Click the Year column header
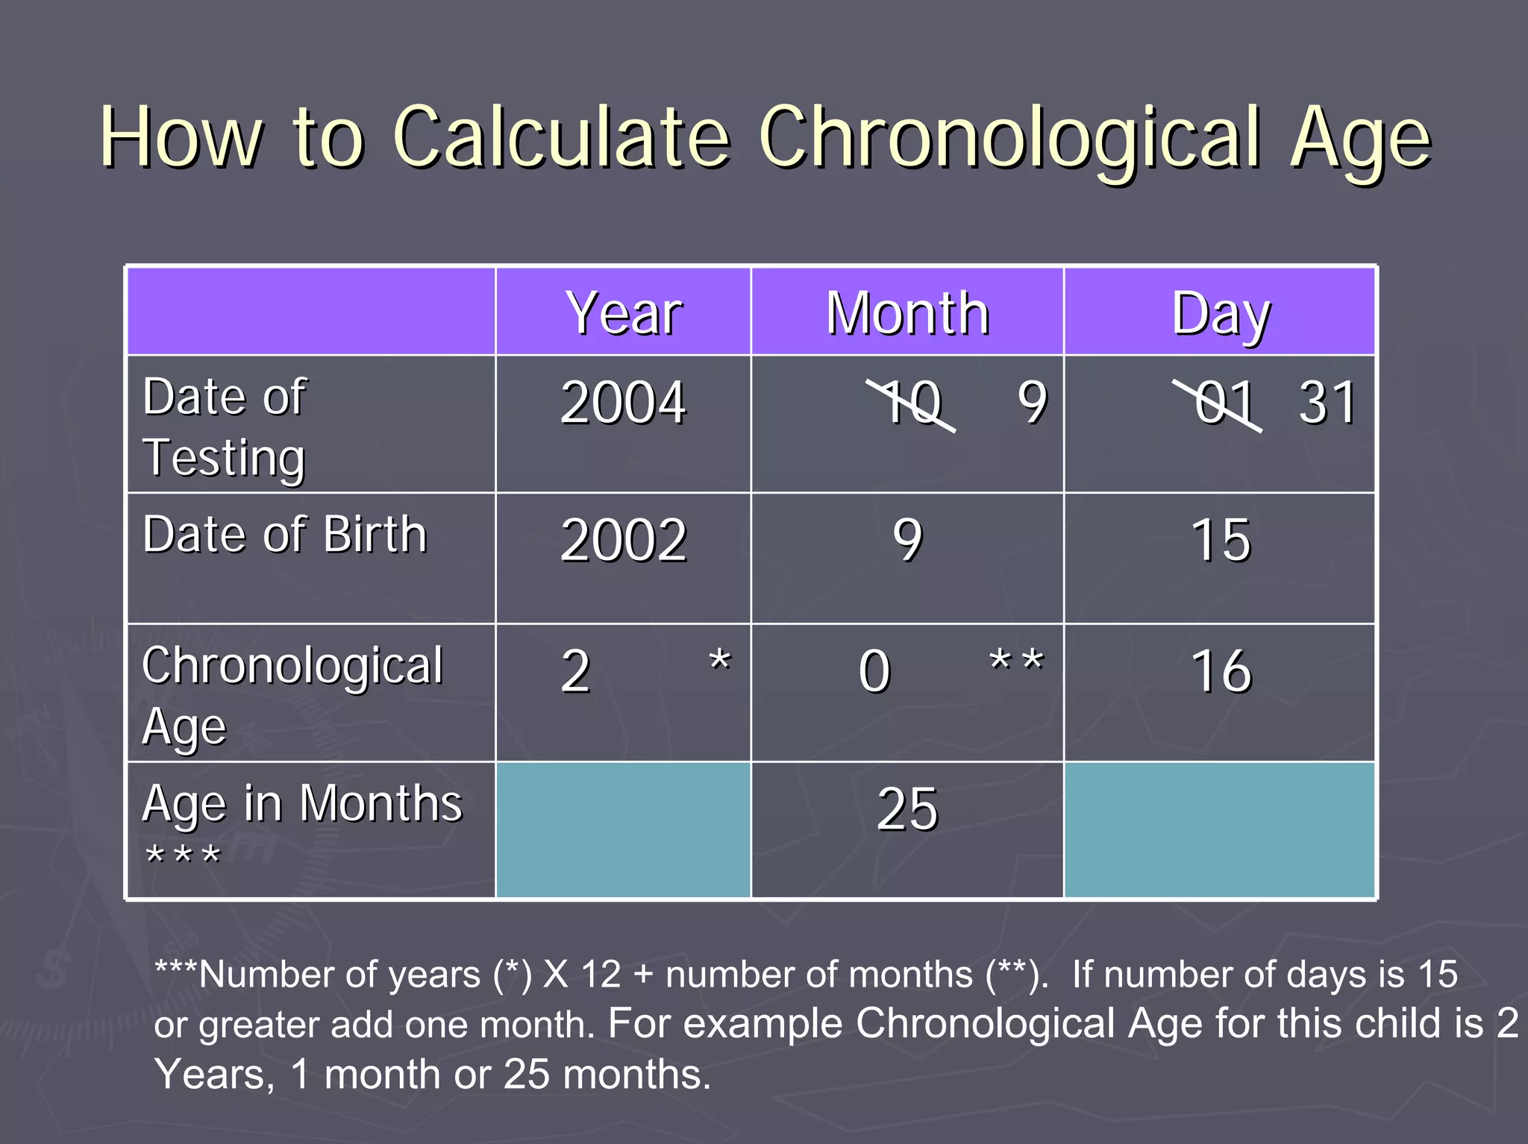coord(624,313)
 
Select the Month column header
coord(907,313)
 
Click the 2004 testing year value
coord(623,403)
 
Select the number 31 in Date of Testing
coord(1327,403)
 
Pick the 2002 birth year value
coord(623,540)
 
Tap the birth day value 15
coord(1221,540)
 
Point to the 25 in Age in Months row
coord(907,810)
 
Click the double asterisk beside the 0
coord(1016,661)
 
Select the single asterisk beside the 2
coord(720,661)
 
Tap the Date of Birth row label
coord(284,535)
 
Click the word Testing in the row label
coord(224,457)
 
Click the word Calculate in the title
coord(561,138)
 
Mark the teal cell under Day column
coord(1219,829)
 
